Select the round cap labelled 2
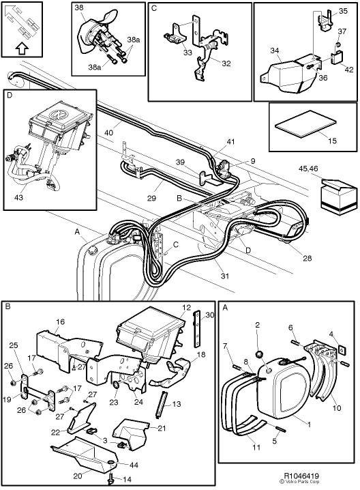pos(260,355)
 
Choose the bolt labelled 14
pos(110,480)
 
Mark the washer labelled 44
pos(110,463)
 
